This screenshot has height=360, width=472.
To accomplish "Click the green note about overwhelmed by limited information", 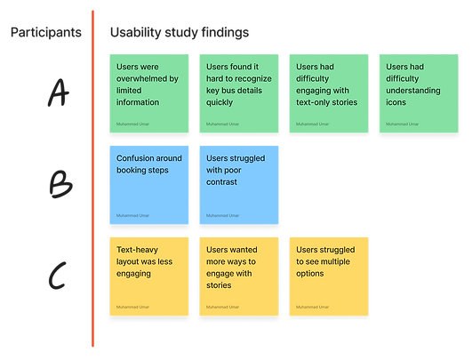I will pyautogui.click(x=148, y=93).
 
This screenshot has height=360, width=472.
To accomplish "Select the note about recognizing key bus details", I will pyautogui.click(x=238, y=93).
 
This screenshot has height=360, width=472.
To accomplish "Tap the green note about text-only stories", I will pyautogui.click(x=329, y=93).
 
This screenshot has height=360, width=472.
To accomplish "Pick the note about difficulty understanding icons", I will pyautogui.click(x=420, y=93).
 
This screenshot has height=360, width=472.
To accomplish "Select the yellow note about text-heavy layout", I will pyautogui.click(x=148, y=275).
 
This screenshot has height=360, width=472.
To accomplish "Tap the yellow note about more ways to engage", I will pyautogui.click(x=238, y=275).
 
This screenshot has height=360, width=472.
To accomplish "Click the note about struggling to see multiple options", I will pyautogui.click(x=329, y=275).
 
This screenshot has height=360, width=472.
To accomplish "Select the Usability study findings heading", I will pyautogui.click(x=179, y=34).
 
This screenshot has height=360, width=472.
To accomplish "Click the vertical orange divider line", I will pyautogui.click(x=92, y=178).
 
